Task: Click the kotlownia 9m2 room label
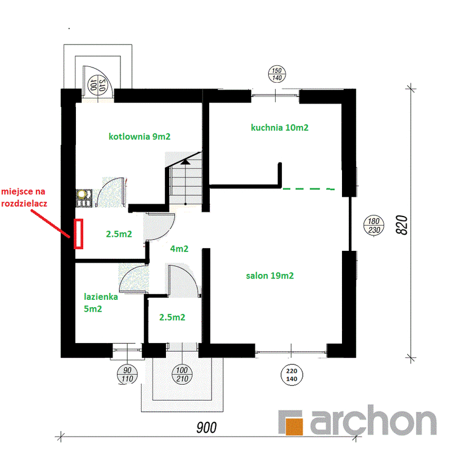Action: pos(139,136)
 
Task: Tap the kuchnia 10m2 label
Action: pos(280,128)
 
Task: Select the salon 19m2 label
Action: pos(270,276)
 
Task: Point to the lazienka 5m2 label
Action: pos(101,303)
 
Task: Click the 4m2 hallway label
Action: pos(179,249)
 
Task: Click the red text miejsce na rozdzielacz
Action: pos(24,197)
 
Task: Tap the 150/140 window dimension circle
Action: pos(277,74)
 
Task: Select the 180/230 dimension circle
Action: pos(373,226)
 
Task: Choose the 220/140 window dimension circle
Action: pos(291,375)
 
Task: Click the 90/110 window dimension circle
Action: pos(127,375)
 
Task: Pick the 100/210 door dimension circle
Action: pos(182,374)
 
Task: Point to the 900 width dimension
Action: pos(206,427)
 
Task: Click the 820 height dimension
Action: pos(402,225)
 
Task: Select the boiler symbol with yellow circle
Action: pos(84,198)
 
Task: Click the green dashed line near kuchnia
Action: pos(308,189)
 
